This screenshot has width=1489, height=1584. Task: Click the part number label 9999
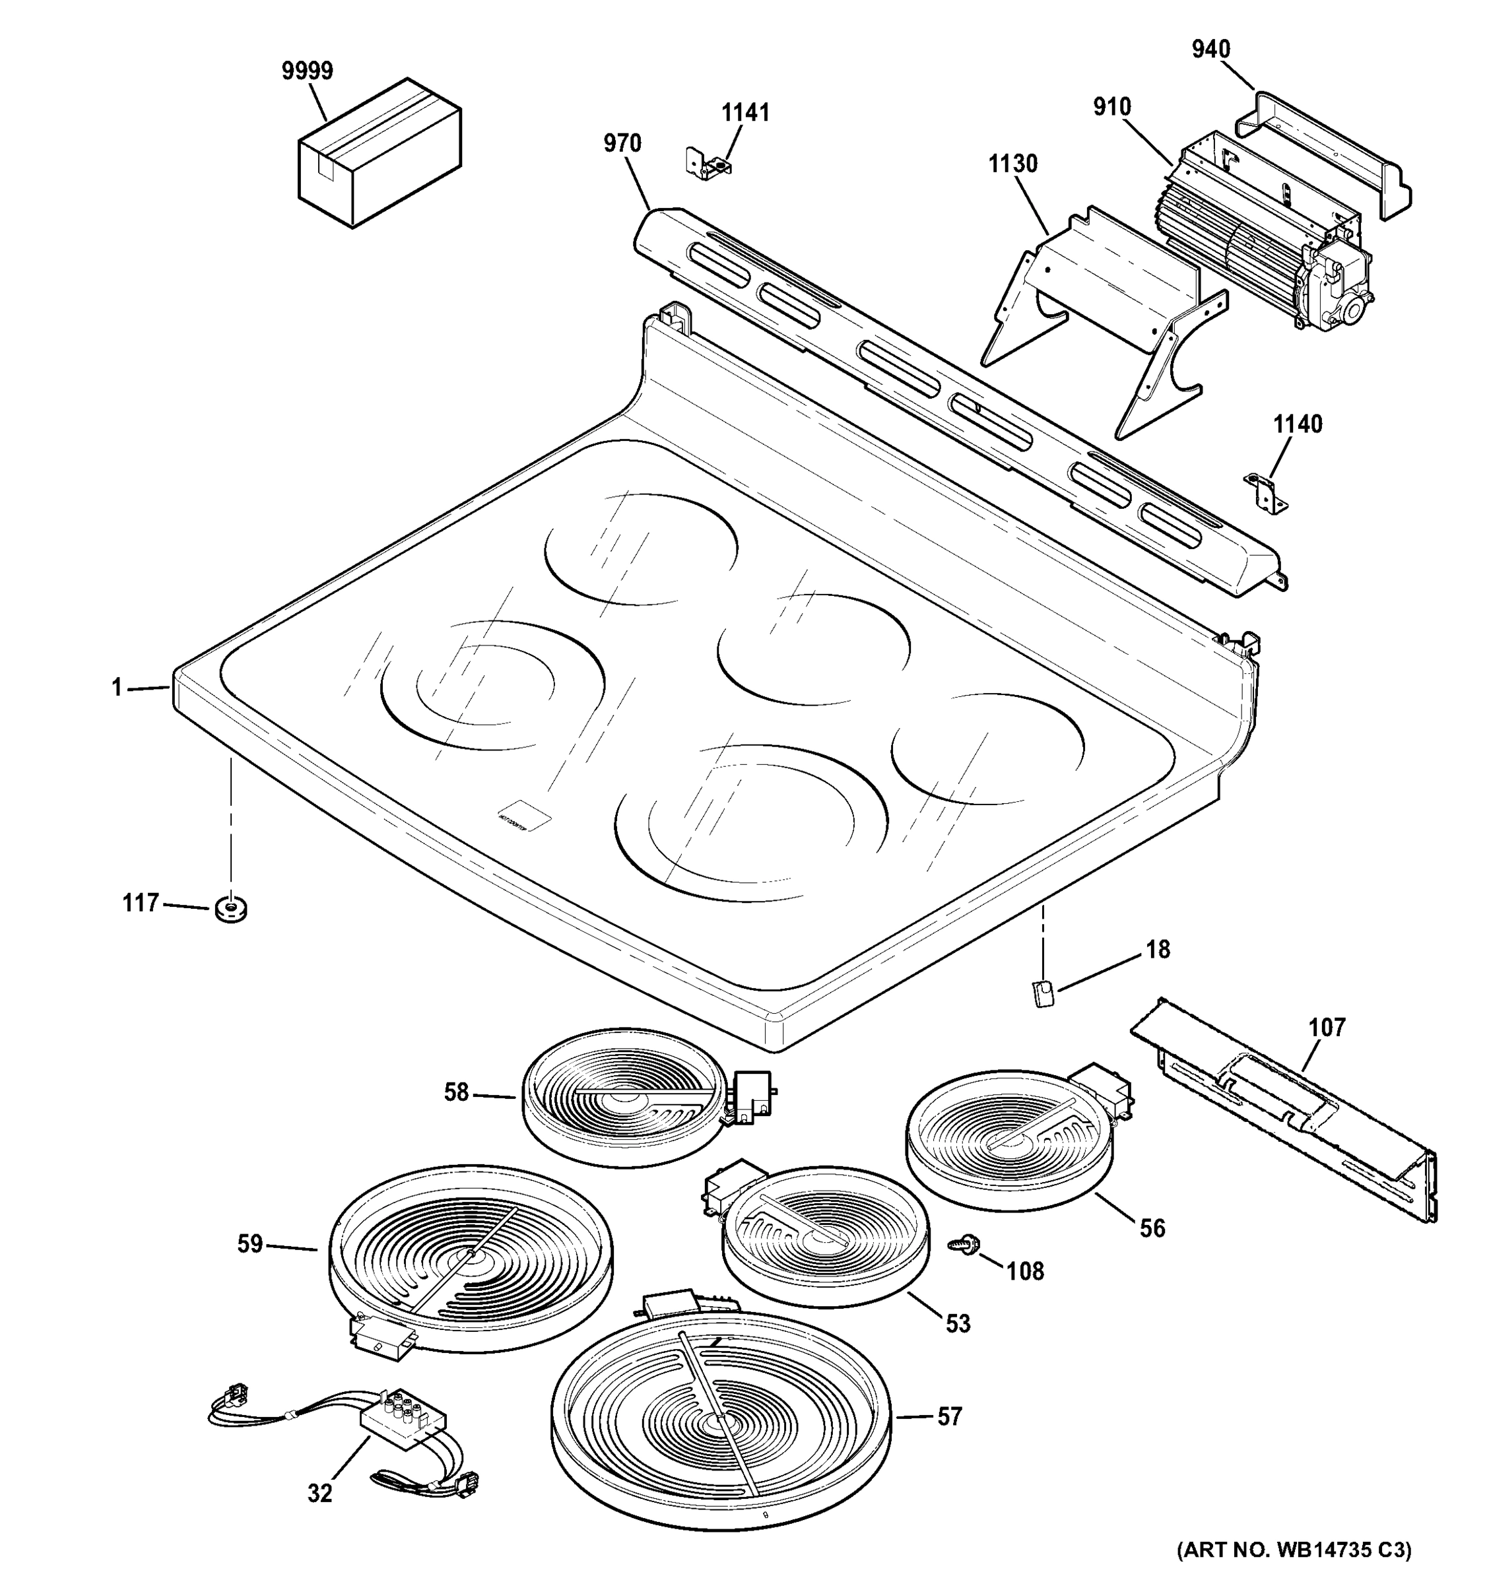tap(308, 72)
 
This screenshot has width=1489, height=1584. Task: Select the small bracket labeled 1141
tap(708, 161)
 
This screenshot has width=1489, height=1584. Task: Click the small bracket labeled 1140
tap(1265, 491)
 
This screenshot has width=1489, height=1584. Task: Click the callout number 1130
tap(1012, 164)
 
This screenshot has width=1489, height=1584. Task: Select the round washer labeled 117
tap(230, 908)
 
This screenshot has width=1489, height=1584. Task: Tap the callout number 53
tap(958, 1323)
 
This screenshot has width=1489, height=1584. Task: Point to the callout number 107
tap(1327, 1027)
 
